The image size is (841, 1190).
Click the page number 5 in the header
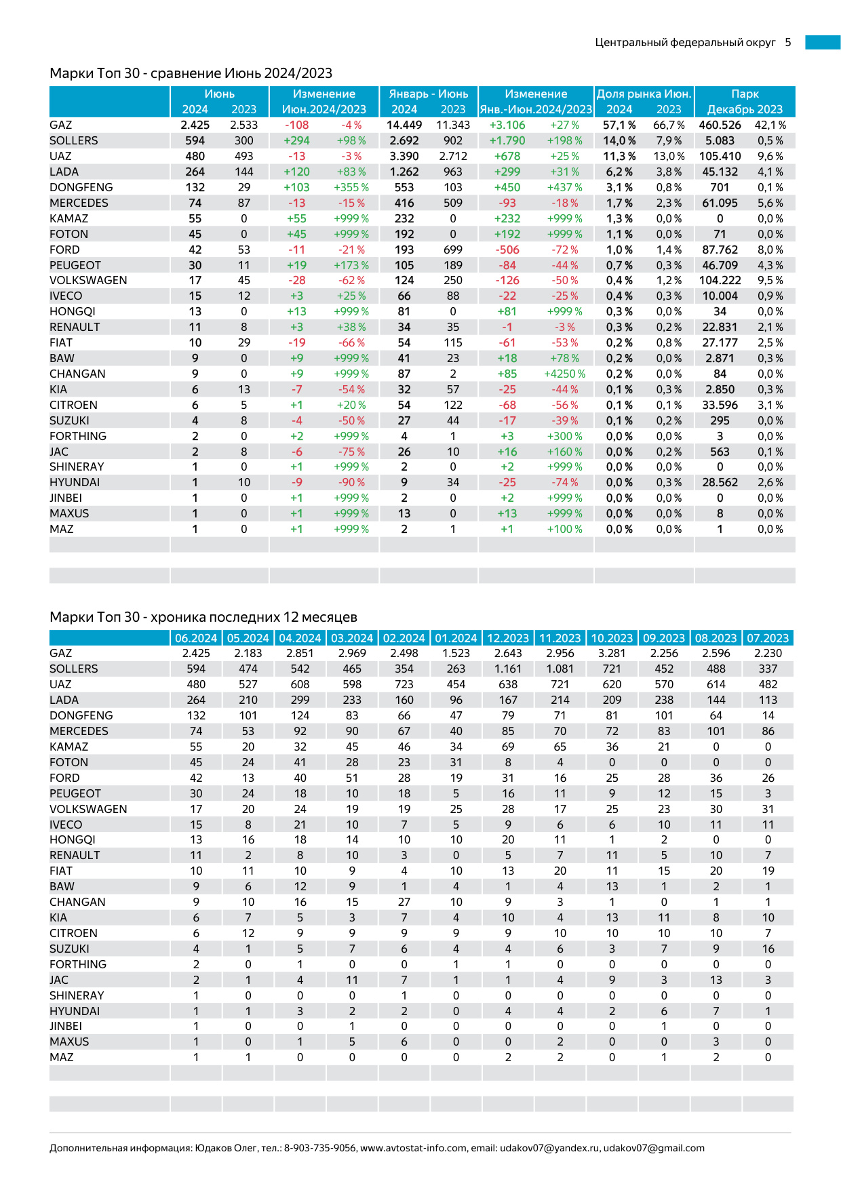tap(788, 43)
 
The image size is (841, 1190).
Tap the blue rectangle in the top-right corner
tap(823, 43)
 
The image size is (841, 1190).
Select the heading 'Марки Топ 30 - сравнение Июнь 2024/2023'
tap(191, 73)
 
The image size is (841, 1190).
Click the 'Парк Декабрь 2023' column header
tap(745, 102)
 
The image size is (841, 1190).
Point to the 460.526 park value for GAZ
tap(720, 125)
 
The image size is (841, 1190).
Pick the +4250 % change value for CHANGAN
tap(564, 374)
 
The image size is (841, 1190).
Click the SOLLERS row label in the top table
tap(73, 141)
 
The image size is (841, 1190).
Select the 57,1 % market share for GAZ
tap(619, 125)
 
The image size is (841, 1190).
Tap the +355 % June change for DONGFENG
tap(351, 188)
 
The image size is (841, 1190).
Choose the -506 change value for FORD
tap(507, 250)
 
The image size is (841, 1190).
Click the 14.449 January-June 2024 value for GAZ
tap(404, 125)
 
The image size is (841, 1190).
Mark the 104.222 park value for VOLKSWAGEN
tap(720, 281)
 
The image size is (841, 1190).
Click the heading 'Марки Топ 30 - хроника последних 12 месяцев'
tap(203, 617)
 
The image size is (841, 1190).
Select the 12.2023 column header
tap(508, 639)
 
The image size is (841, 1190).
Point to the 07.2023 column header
tap(768, 639)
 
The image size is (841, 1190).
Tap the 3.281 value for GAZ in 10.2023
tap(612, 654)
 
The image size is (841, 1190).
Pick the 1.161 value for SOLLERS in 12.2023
tap(508, 669)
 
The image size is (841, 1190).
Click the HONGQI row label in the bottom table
tap(72, 840)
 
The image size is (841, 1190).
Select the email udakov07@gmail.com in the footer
tap(654, 1148)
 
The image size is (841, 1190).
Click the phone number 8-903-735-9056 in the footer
tap(319, 1148)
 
